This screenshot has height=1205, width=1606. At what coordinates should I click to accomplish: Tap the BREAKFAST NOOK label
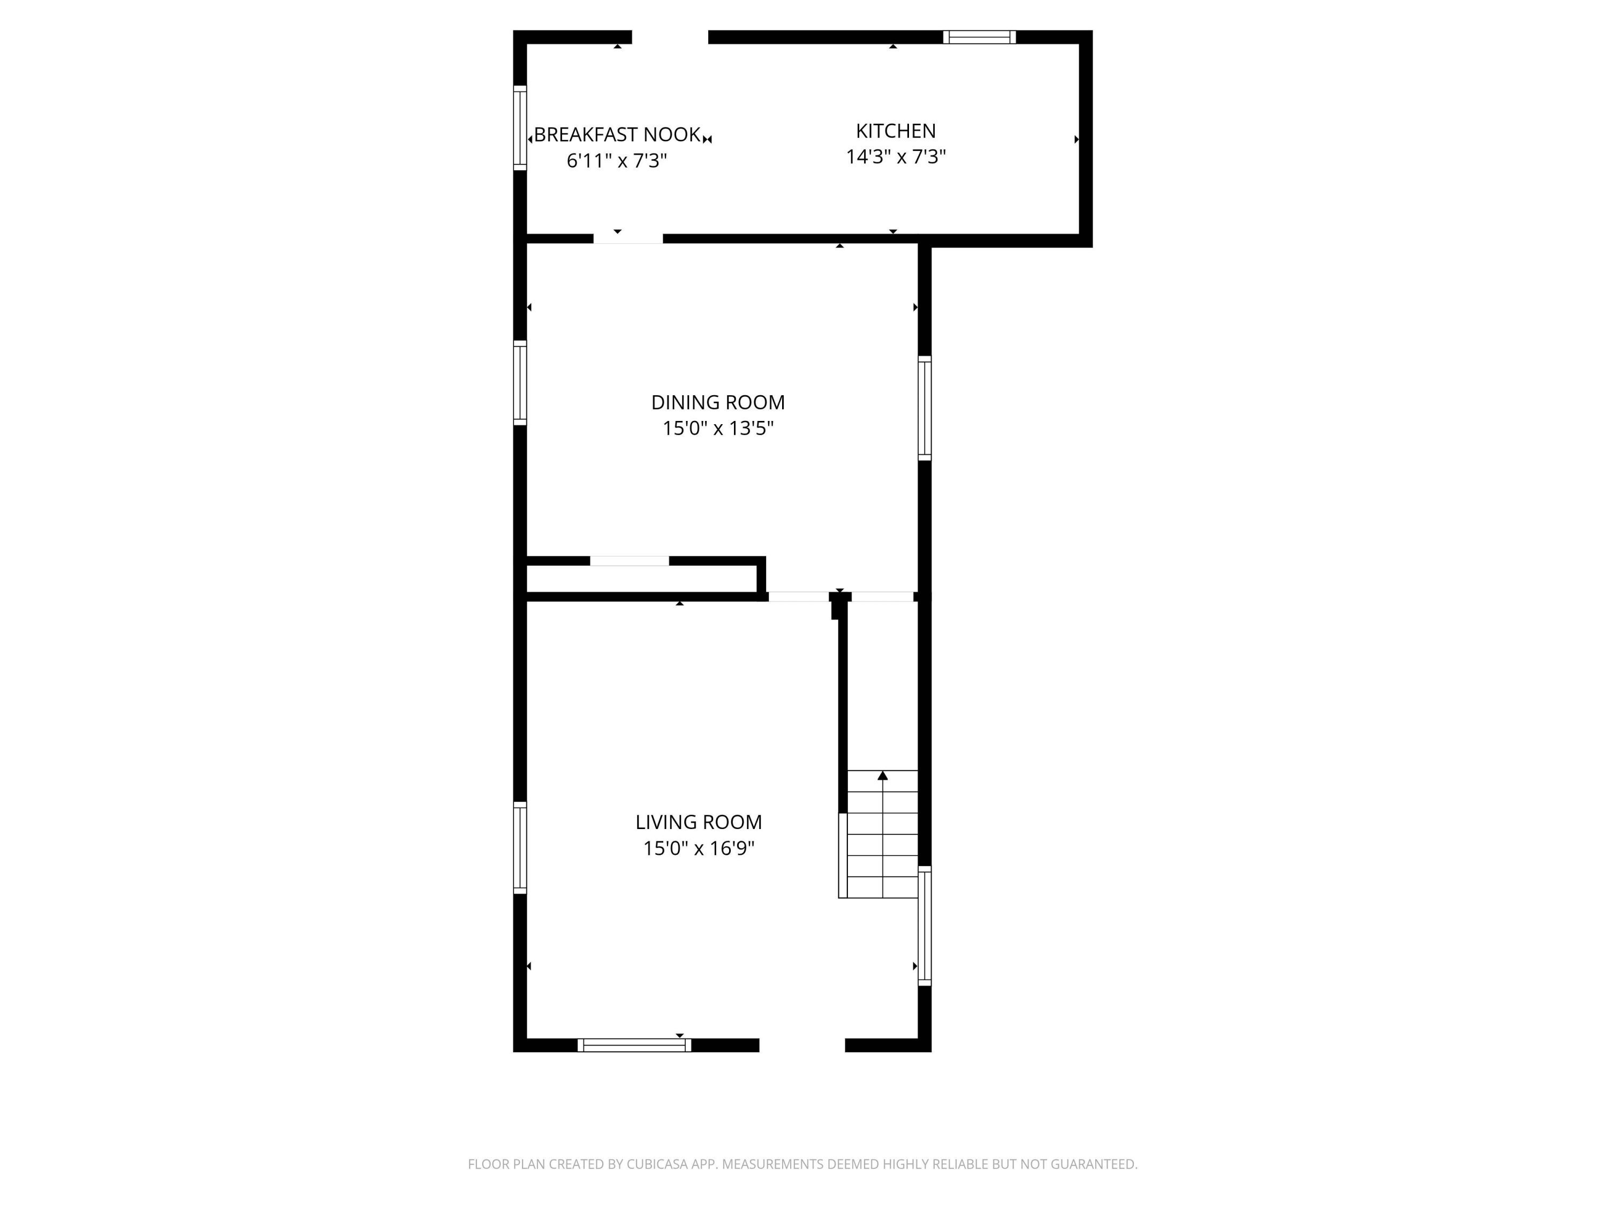click(x=617, y=134)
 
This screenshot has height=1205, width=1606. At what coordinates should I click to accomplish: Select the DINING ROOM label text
click(x=718, y=402)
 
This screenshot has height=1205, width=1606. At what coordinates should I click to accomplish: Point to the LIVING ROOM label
click(x=699, y=822)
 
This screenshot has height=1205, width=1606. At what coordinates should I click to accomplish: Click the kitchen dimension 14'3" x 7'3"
click(x=896, y=157)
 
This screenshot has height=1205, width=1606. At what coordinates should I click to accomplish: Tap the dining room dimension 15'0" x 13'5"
click(x=718, y=428)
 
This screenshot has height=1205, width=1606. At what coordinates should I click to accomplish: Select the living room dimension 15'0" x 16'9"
click(x=699, y=848)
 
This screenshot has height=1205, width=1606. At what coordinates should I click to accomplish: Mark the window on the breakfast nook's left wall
click(x=520, y=128)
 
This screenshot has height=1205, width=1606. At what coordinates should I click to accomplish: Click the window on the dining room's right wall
click(x=924, y=408)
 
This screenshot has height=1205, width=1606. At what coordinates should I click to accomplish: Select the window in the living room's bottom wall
click(x=634, y=1045)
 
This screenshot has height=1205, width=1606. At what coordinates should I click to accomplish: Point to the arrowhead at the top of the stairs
click(x=882, y=775)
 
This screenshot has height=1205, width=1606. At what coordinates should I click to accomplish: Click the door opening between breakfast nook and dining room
click(x=628, y=238)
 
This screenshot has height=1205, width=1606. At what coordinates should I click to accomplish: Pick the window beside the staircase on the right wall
click(x=924, y=925)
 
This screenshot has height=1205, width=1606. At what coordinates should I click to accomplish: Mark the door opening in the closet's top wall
click(x=630, y=561)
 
